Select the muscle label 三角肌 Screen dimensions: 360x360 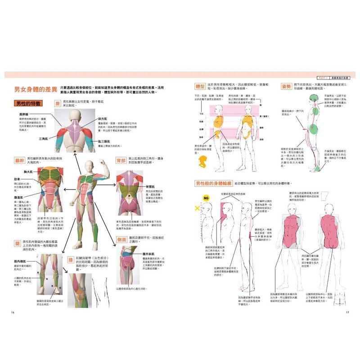pyautogui.click(x=44, y=139)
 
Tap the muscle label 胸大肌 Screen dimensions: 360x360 pyautogui.click(x=29, y=172)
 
